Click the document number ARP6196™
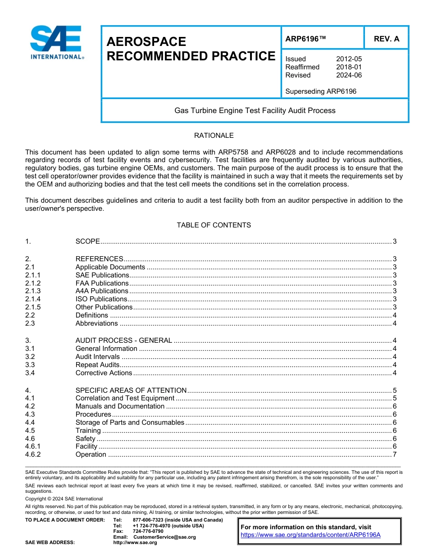[x=305, y=39]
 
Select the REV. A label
[x=386, y=39]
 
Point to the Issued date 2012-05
[x=349, y=59]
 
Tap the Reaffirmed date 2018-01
[x=349, y=67]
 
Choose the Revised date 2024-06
[x=349, y=75]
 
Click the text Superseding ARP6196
[x=321, y=91]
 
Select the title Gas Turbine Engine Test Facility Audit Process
[x=255, y=110]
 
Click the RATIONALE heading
[x=214, y=136]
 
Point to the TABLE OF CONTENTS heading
[x=214, y=225]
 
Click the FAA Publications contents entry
[x=102, y=283]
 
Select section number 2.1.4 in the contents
[x=33, y=299]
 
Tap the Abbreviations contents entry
[x=96, y=323]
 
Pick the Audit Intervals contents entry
[x=98, y=357]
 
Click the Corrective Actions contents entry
[x=104, y=373]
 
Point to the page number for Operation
[x=394, y=454]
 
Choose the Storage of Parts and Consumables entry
[x=130, y=422]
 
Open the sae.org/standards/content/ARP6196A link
[x=310, y=535]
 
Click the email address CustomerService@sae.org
[x=164, y=537]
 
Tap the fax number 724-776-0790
[x=148, y=531]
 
